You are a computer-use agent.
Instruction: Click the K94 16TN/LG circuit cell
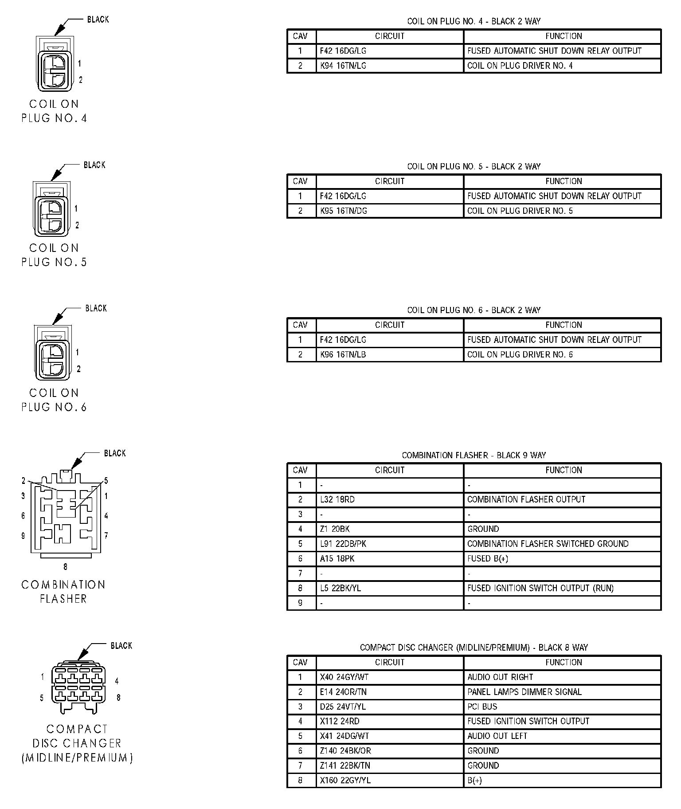(343, 66)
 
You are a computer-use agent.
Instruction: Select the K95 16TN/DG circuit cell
(344, 211)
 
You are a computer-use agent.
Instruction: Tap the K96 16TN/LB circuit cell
(343, 354)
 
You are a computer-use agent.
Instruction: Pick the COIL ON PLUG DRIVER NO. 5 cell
(520, 211)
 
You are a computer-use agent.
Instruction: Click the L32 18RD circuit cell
(337, 499)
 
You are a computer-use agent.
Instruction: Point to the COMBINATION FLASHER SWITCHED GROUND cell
(548, 544)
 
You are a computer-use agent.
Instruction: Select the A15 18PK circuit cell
(337, 558)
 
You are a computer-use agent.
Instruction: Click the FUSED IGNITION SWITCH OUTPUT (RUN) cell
(540, 588)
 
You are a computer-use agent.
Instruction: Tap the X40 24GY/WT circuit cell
(344, 677)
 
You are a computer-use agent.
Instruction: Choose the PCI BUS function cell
(482, 707)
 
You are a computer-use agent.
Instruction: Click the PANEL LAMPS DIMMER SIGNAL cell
(524, 692)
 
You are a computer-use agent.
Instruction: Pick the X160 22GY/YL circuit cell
(345, 780)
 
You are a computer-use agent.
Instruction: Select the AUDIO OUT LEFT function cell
(497, 736)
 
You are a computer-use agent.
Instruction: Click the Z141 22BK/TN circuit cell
(345, 766)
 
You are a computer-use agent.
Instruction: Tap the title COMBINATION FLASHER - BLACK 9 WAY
(474, 455)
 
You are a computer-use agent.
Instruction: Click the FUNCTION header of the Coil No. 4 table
(564, 36)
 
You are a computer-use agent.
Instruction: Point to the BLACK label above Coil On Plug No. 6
(96, 308)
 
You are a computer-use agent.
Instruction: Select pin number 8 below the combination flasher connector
(66, 566)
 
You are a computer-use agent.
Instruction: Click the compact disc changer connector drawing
(78, 688)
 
